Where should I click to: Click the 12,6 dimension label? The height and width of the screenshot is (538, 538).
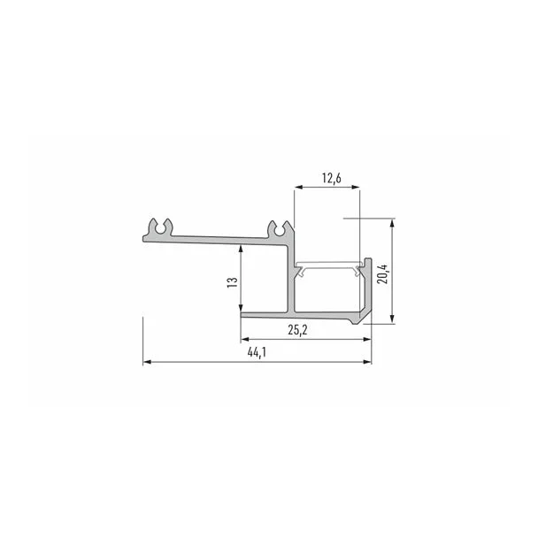point(332,178)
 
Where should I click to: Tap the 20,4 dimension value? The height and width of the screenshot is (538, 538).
point(382,273)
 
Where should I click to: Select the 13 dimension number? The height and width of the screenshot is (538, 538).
point(233,282)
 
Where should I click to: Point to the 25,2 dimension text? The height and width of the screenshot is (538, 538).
point(297,330)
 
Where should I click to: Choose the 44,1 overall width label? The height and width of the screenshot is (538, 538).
point(257,352)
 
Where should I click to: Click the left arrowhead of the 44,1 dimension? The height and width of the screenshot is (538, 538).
point(147,362)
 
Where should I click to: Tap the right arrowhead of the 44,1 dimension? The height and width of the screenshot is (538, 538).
point(367,362)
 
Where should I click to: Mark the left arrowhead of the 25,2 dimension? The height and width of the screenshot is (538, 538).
point(245,339)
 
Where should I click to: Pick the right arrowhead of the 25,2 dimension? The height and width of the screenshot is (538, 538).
point(367,339)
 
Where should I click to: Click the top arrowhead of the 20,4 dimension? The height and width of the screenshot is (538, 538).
point(392,223)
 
